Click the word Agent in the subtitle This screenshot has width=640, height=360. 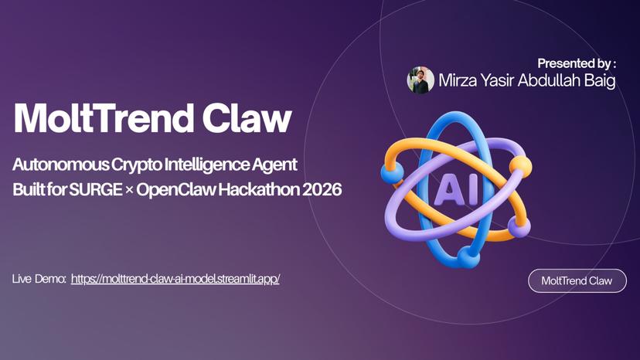(270, 165)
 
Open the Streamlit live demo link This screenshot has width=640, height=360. (175, 278)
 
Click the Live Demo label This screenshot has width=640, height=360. (39, 278)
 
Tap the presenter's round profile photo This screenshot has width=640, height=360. (420, 80)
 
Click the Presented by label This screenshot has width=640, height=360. (576, 63)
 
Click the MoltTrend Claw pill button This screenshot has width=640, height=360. (577, 280)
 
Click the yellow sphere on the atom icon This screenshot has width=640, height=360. (521, 165)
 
